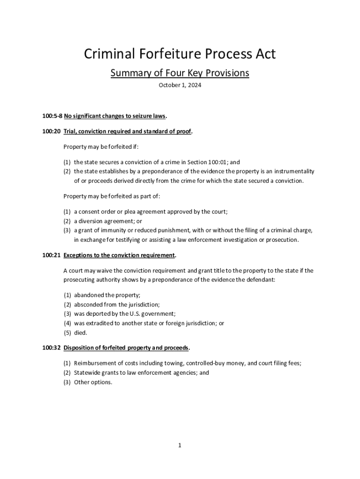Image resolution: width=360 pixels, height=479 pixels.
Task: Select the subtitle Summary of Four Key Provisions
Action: (180, 73)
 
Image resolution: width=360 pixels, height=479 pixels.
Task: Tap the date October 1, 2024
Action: (180, 86)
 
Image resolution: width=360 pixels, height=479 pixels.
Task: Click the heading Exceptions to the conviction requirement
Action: (119, 255)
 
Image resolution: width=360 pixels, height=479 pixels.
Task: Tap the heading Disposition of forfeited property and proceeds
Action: (126, 348)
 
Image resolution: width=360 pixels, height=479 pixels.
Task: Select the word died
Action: (80, 333)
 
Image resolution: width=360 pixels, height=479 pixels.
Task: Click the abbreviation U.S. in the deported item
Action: (134, 314)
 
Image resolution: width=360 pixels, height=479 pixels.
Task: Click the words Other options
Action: (93, 382)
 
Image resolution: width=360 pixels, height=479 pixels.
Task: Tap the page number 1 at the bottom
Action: (180, 445)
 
